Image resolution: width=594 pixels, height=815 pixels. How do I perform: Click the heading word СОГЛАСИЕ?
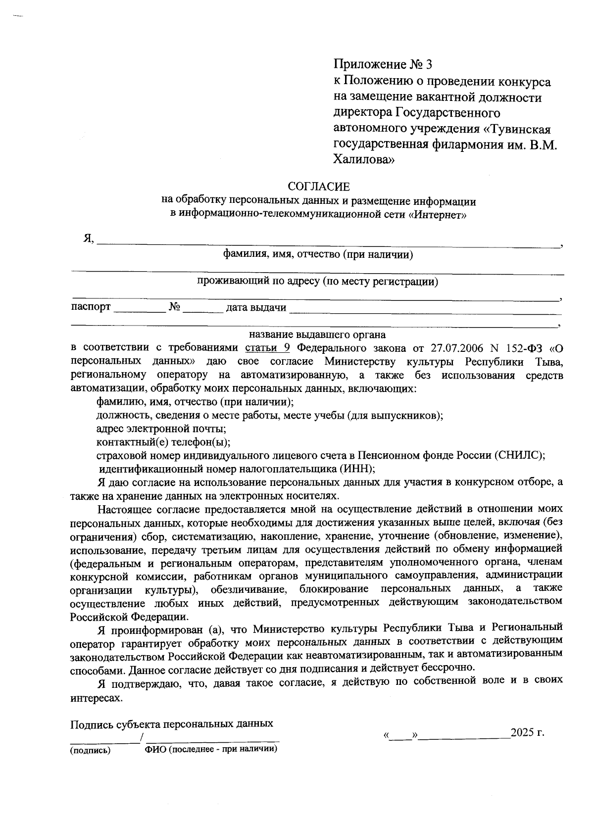[319, 187]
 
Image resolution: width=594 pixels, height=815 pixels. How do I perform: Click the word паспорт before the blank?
[91, 307]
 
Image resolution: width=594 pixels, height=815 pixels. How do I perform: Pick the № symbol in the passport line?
[174, 307]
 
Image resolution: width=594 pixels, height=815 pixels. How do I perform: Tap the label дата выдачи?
[256, 307]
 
